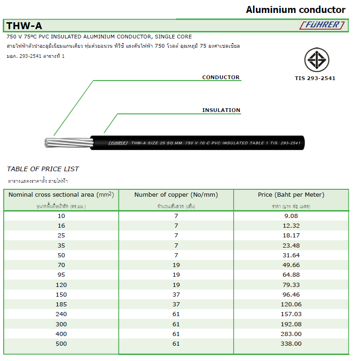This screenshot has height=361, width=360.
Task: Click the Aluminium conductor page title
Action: coord(295,10)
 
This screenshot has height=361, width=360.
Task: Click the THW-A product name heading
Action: coord(25,26)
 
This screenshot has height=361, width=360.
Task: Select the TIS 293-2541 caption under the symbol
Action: coord(315,78)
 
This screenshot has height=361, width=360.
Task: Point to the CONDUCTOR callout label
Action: coord(221,77)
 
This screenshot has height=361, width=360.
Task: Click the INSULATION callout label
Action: coord(221,110)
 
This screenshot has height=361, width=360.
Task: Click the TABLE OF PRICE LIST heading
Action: coord(43,169)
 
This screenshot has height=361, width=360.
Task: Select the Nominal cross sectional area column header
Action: coord(61,195)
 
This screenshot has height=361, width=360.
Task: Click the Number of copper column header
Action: coord(176,195)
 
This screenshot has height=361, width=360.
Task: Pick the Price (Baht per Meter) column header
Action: coord(291,195)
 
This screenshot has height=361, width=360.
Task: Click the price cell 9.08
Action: coord(291,216)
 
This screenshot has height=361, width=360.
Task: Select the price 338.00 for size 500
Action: coord(291,344)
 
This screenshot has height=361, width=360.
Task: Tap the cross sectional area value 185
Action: coord(61,305)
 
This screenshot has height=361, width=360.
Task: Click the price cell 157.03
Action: coord(291,314)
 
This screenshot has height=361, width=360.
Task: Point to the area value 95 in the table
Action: coord(61,275)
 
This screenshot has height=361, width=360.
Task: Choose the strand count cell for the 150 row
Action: coord(176,295)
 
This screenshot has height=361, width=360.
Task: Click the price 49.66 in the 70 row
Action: coord(291,265)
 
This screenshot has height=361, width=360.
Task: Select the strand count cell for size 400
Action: coord(176,334)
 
